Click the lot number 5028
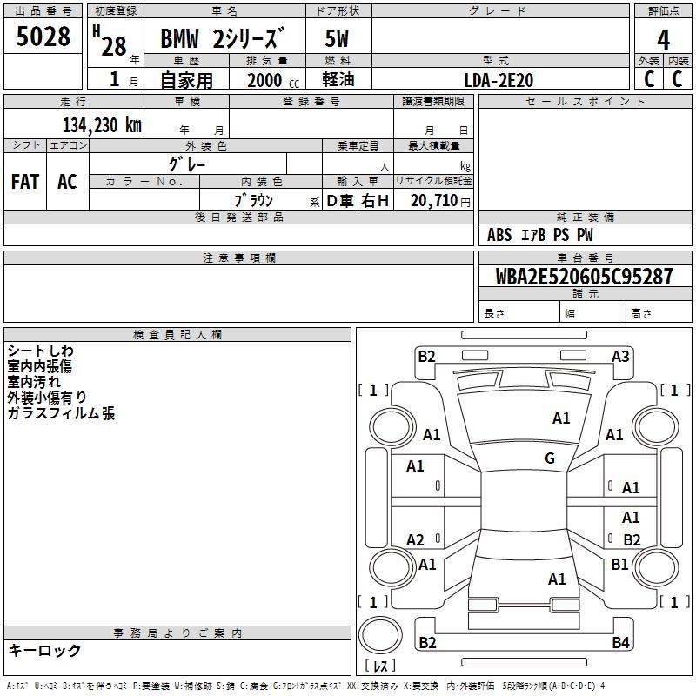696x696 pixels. pyautogui.click(x=43, y=37)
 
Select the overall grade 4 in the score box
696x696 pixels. pyautogui.click(x=663, y=40)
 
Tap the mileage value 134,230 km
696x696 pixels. pyautogui.click(x=102, y=124)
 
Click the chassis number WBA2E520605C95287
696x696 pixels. pyautogui.click(x=584, y=276)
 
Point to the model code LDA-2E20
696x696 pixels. pyautogui.click(x=499, y=80)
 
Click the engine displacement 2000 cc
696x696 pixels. pyautogui.click(x=273, y=80)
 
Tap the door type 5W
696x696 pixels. pyautogui.click(x=337, y=38)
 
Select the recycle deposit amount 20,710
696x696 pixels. pyautogui.click(x=434, y=200)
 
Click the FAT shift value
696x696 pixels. pyautogui.click(x=25, y=182)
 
